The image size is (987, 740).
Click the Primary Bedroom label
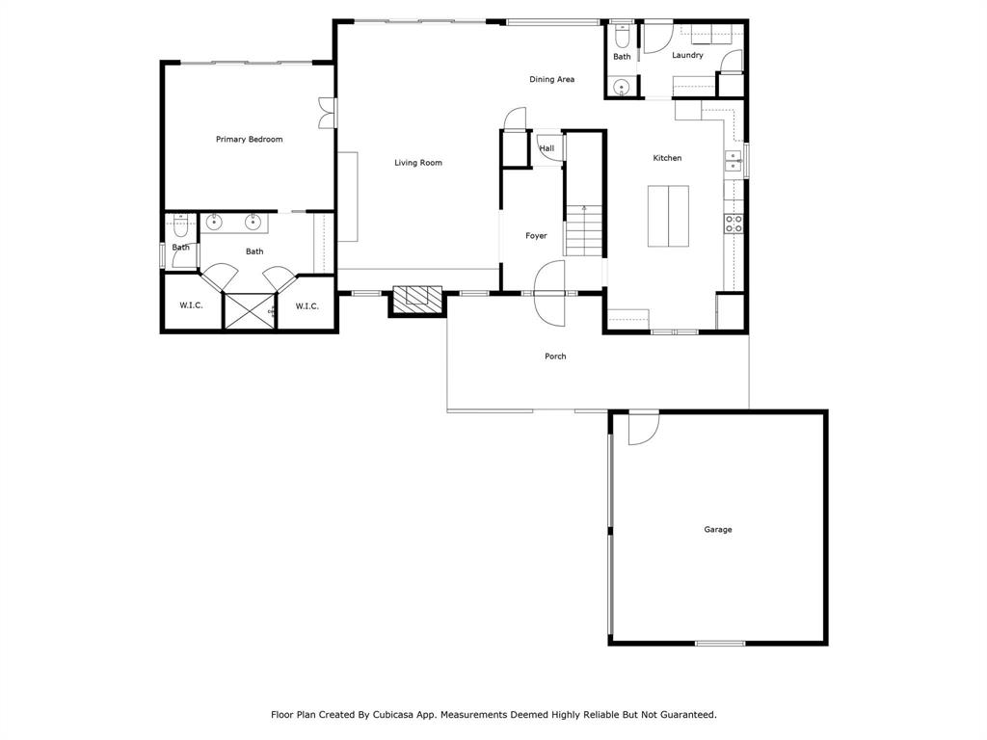[249, 140]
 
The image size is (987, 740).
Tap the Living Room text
[417, 163]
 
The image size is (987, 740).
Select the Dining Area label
[551, 79]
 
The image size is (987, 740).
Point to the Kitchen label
[667, 158]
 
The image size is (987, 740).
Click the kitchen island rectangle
[667, 217]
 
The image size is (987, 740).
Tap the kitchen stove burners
[734, 224]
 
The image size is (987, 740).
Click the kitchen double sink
[733, 160]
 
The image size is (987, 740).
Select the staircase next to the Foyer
[583, 231]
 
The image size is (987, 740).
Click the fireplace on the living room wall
[416, 299]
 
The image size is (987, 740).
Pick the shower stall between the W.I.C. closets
[249, 311]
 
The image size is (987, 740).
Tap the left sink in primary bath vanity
[214, 223]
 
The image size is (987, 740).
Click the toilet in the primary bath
[180, 228]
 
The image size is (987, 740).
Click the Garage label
[717, 530]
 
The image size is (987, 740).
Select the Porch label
[555, 357]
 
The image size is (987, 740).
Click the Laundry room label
[687, 56]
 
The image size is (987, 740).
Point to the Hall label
[547, 148]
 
